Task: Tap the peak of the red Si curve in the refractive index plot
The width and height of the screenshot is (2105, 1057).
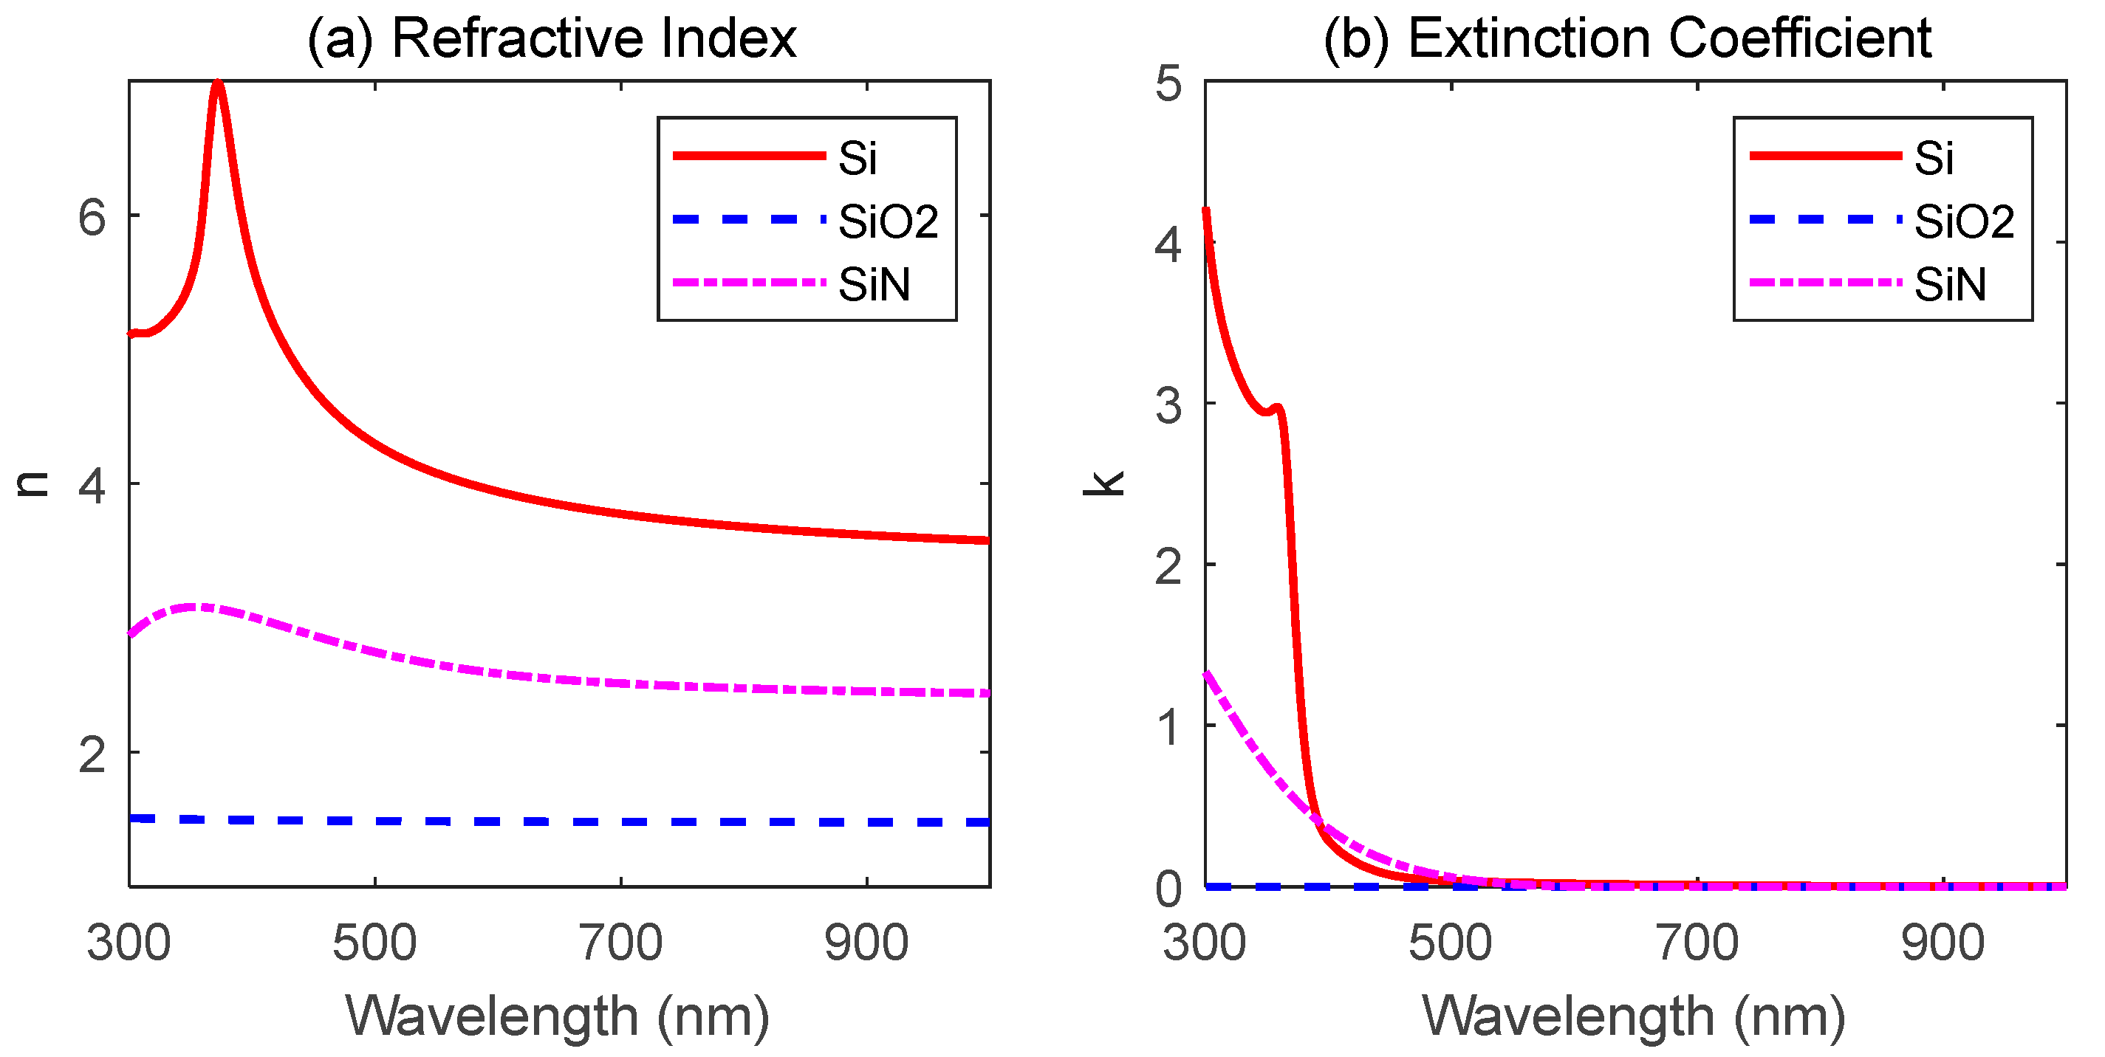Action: click(217, 84)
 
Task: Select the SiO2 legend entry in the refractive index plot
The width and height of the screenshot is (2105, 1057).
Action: click(889, 221)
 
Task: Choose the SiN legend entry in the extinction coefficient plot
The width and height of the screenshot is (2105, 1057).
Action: click(1950, 284)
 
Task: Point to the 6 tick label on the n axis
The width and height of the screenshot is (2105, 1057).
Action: click(92, 217)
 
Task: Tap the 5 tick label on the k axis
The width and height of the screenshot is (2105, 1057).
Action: click(1168, 83)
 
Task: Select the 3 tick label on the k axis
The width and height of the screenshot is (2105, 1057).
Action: click(1168, 405)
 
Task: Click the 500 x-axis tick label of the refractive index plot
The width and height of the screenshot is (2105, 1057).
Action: click(374, 943)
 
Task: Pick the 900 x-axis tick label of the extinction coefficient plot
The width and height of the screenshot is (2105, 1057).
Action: click(1943, 943)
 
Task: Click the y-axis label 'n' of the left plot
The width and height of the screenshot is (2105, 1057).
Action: click(32, 483)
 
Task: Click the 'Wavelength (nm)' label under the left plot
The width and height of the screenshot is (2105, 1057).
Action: click(558, 1016)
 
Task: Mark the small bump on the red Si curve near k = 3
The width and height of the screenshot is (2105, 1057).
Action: click(1277, 407)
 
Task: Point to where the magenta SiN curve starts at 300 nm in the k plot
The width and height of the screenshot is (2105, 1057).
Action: click(1207, 673)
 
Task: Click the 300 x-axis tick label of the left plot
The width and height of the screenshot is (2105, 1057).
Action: click(129, 943)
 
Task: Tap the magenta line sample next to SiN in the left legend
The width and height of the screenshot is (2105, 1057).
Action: click(748, 283)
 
